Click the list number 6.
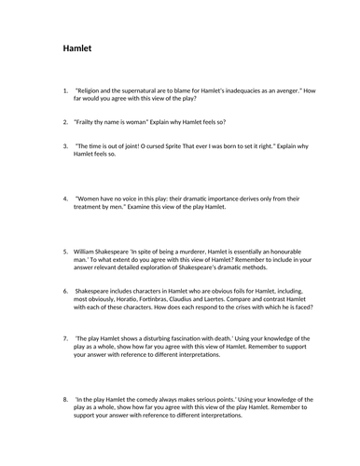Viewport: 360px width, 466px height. (x=65, y=289)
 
